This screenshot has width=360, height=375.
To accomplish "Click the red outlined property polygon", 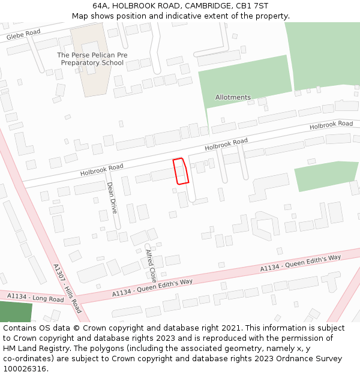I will point(181,171).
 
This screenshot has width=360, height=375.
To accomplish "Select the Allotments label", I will point(233,97).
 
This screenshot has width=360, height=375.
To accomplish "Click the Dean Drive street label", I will point(112,198).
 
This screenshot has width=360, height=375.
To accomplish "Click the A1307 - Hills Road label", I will point(67,289).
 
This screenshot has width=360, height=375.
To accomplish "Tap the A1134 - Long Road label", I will point(35,298).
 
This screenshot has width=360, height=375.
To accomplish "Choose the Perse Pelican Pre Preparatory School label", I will point(92,59).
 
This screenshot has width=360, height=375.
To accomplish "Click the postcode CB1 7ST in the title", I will point(253,6).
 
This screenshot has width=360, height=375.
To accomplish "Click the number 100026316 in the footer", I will point(25,369).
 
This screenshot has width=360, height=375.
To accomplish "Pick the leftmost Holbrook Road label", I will point(102,170).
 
